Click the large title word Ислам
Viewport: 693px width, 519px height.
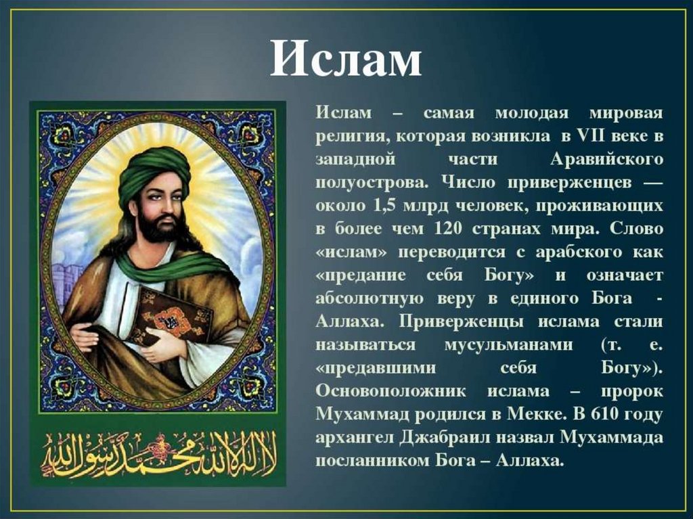346,59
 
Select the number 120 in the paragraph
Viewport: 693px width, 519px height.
449,229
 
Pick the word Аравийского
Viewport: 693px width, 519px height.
607,159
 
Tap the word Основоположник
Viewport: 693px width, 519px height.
390,391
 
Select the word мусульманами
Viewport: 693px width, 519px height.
508,345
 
